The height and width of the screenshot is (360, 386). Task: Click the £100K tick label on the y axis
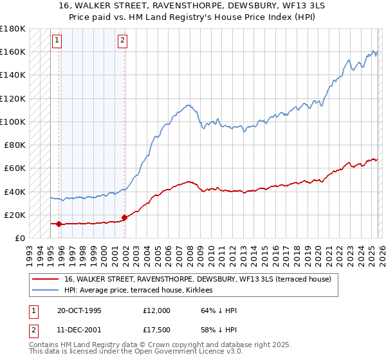point(13,122)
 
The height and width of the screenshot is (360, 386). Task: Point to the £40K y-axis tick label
point(15,192)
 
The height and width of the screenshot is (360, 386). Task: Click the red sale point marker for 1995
point(59,224)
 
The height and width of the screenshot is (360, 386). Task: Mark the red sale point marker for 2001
point(124,217)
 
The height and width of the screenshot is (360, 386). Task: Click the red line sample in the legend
point(46,279)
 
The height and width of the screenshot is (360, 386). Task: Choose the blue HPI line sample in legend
point(46,291)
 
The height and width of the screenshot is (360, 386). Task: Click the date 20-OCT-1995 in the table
point(80,310)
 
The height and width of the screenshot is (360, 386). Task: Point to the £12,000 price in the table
point(157,310)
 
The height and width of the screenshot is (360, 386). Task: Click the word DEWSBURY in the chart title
point(233,6)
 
